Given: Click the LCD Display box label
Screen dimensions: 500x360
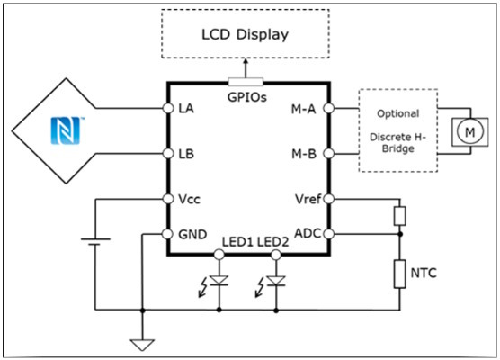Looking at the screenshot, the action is tap(245, 34).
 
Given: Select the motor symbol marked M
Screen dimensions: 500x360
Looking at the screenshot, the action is tap(469, 131).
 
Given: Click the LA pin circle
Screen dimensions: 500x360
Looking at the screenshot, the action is tap(168, 108).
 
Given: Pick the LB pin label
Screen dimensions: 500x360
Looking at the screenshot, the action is tap(186, 154).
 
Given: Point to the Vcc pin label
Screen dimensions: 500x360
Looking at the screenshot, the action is tap(190, 200).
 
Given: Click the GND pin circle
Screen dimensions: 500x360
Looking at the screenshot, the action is tap(168, 234).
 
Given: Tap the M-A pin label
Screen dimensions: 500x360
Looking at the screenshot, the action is tap(303, 109).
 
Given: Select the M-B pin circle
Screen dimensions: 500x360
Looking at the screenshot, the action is tap(329, 154).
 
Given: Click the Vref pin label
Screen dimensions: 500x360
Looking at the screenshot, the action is tap(308, 199).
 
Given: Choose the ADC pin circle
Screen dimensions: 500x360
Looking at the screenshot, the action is tap(329, 234).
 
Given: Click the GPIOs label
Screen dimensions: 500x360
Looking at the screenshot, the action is tap(246, 97).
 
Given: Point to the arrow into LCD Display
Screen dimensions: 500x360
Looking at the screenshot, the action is tap(246, 68).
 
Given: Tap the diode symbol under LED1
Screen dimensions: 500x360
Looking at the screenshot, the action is tap(219, 281).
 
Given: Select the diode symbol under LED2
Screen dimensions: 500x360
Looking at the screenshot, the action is tap(276, 281).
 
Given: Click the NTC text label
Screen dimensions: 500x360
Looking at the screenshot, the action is tap(424, 274).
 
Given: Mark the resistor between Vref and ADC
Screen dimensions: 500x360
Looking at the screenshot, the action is tap(400, 216).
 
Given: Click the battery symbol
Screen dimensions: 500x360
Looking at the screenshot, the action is tap(95, 241).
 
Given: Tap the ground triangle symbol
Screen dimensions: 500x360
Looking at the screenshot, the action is tap(143, 345).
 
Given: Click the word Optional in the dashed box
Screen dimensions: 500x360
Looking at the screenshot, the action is tap(398, 114).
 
